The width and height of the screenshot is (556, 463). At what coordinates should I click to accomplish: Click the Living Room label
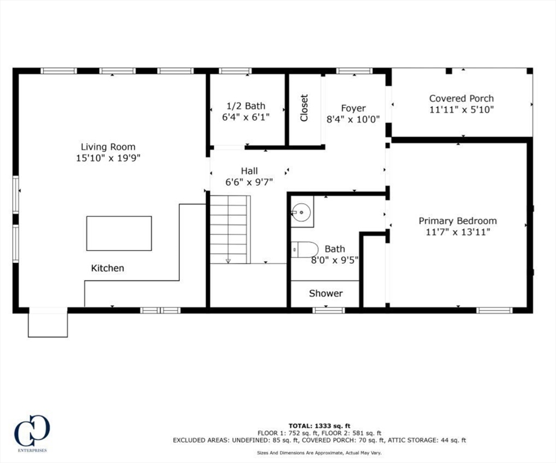click(108, 146)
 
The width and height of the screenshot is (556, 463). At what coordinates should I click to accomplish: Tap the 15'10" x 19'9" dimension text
click(108, 158)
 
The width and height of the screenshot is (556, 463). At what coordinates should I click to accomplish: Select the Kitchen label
click(107, 268)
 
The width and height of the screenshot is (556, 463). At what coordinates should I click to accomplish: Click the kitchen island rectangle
click(119, 233)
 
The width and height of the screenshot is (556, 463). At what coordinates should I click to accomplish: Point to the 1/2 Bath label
click(246, 106)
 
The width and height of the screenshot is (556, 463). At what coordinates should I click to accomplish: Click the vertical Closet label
click(304, 107)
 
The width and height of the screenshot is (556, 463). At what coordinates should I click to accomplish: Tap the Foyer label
click(353, 108)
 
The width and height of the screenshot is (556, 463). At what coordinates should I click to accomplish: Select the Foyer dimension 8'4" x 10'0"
click(353, 119)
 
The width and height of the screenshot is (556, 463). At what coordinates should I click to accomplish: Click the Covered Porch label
click(461, 98)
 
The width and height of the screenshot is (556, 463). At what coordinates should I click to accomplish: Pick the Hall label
click(249, 171)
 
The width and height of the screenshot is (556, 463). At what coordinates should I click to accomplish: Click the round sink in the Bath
click(301, 212)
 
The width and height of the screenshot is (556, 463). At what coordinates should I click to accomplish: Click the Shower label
click(325, 293)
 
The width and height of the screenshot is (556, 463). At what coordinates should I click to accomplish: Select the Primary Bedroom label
click(458, 221)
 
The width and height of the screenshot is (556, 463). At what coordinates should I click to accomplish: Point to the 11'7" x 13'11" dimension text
click(458, 231)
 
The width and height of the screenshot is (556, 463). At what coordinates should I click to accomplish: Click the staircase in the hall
click(229, 229)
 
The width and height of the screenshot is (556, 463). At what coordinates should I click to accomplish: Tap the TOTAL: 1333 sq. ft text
click(319, 425)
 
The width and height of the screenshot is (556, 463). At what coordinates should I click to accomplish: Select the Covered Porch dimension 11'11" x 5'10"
click(461, 110)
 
